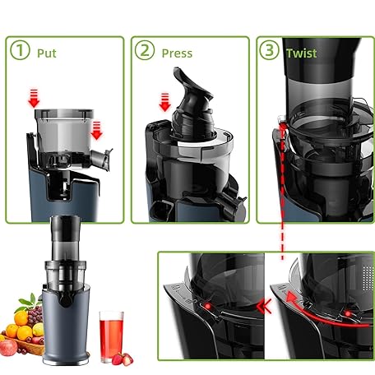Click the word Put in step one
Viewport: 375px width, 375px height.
click(47, 53)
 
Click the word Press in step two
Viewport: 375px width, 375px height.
click(177, 53)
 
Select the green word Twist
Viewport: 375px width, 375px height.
click(302, 53)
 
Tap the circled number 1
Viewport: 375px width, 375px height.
click(20, 50)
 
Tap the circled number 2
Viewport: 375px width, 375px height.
click(145, 50)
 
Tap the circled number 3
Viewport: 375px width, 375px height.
click(269, 50)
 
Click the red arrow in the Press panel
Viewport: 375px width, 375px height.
click(164, 102)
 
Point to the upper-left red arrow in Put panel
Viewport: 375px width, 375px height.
click(34, 98)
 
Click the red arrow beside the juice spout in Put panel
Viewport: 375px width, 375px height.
click(96, 130)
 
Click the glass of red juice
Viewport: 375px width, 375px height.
click(111, 336)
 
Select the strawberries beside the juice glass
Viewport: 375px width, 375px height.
click(123, 359)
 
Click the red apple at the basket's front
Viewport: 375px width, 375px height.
click(8, 348)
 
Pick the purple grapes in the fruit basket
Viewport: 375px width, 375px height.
click(35, 315)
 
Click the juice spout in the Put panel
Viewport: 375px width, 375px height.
click(102, 160)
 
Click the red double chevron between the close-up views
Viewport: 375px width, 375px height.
click(264, 306)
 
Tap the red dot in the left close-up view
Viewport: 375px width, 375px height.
click(208, 306)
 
